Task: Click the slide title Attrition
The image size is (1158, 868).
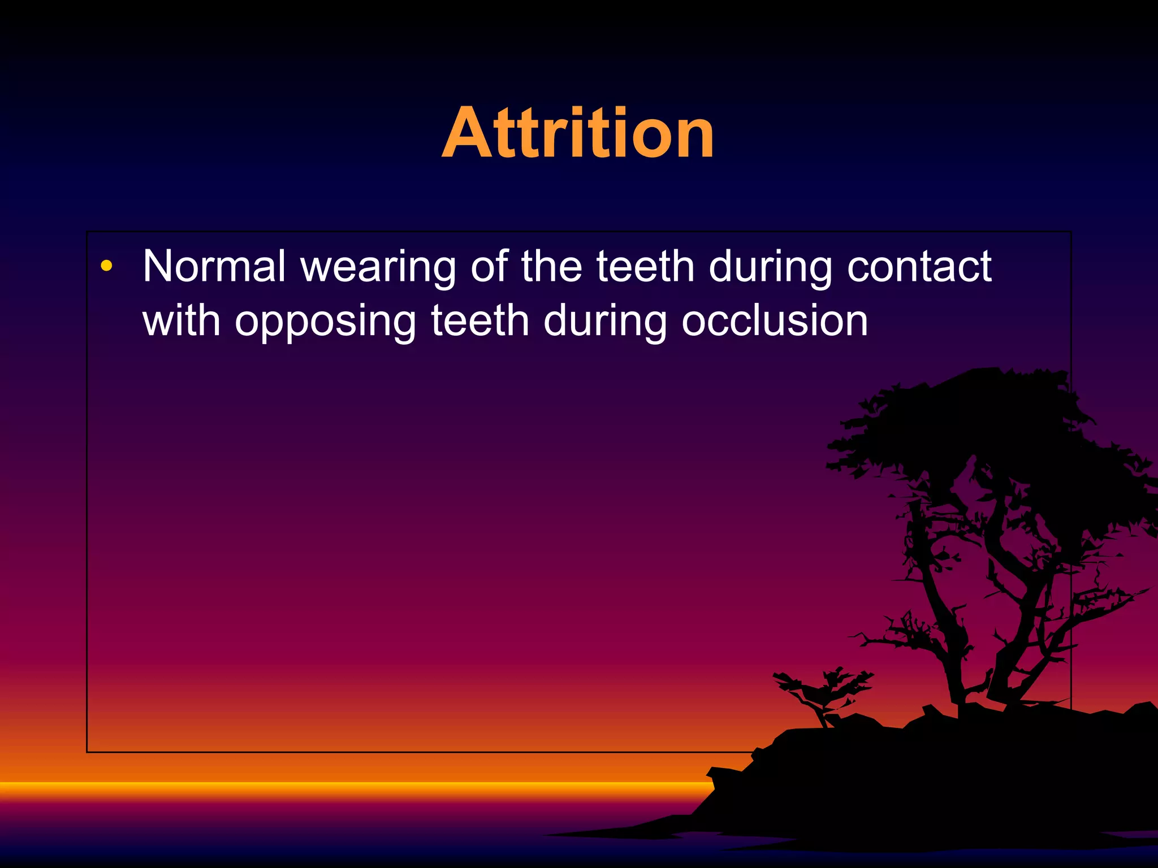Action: (578, 133)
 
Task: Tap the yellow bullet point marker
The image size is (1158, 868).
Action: (106, 266)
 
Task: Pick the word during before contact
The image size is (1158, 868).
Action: (770, 267)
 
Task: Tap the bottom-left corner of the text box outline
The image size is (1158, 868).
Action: (87, 752)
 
